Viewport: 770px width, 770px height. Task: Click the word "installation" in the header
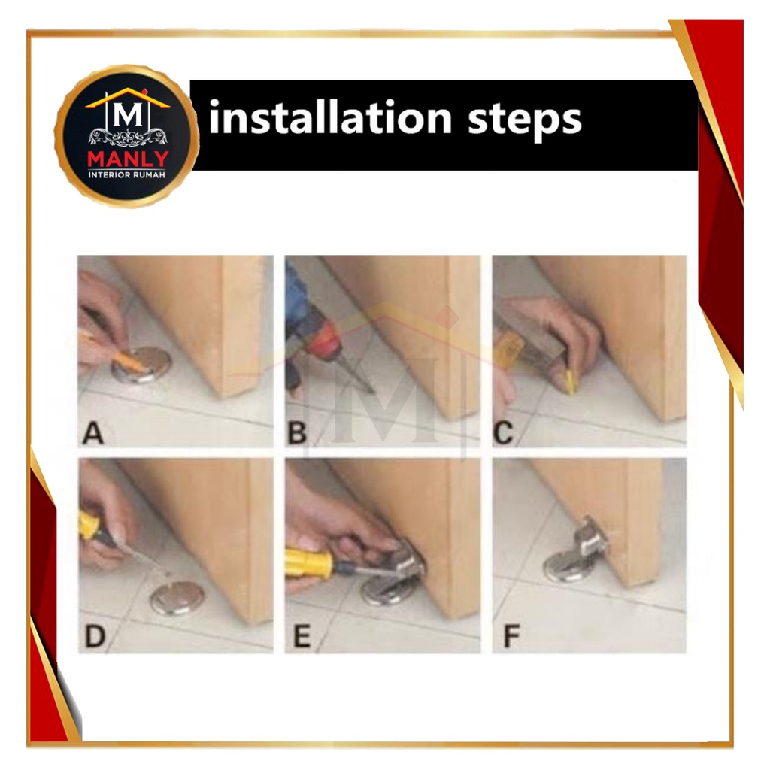330,117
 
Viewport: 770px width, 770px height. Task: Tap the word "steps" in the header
524,121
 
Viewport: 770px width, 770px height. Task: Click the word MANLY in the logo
128,159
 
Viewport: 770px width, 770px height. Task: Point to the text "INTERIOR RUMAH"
126,174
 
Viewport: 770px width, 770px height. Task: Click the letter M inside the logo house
128,115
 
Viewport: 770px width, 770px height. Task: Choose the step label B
297,432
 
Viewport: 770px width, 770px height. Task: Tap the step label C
503,432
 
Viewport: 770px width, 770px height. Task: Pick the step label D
95,636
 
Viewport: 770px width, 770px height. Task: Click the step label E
302,636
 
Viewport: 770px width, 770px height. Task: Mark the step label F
511,636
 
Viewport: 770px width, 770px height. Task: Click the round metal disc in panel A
141,365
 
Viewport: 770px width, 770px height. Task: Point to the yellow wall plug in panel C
571,383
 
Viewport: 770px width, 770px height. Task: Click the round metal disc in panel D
177,598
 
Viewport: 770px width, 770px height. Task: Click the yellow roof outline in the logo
128,98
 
